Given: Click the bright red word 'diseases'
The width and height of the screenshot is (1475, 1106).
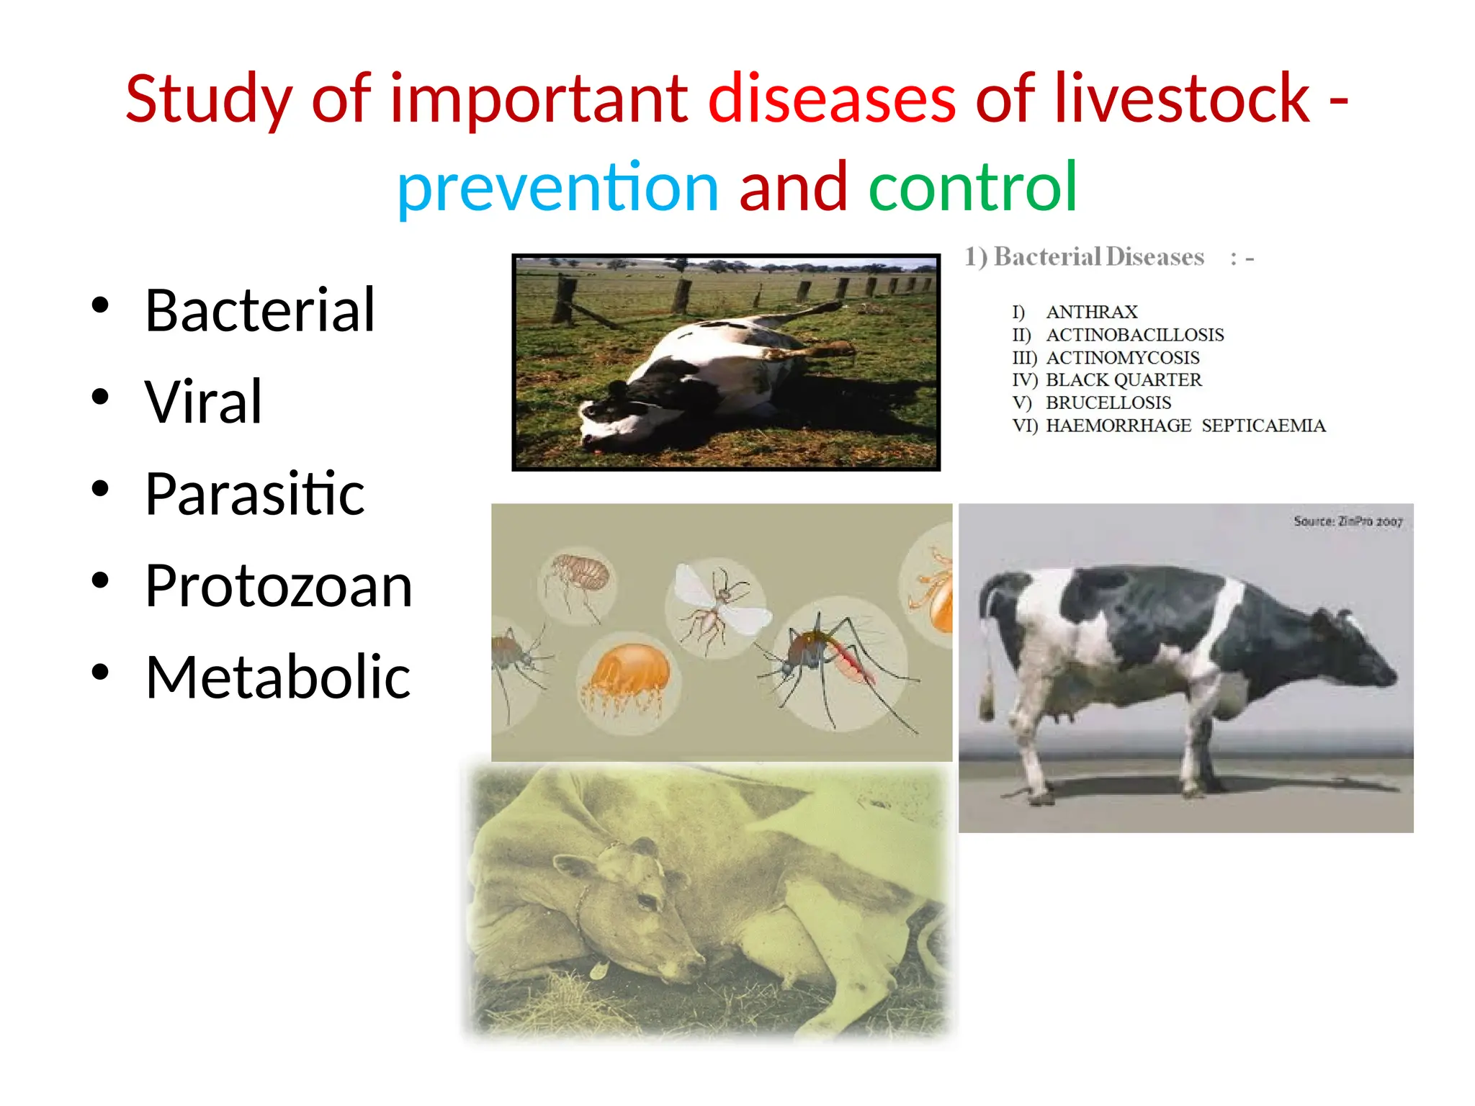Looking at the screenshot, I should coord(832,99).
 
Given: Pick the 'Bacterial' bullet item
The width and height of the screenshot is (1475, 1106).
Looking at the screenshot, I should coord(259,311).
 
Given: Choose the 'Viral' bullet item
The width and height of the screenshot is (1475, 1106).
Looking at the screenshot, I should coord(203,403).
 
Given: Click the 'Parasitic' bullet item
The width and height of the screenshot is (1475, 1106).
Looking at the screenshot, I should coord(254,495).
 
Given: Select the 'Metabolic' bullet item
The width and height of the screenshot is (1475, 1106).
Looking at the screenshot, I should coord(277,678).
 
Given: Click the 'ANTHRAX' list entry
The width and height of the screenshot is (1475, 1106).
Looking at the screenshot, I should coord(1091,312).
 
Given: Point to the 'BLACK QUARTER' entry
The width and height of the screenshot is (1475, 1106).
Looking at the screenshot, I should coord(1123,379).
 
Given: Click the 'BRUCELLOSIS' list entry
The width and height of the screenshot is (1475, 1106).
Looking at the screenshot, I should coord(1108,403).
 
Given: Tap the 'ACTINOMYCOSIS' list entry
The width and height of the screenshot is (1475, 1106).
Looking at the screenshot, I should coord(1122,357).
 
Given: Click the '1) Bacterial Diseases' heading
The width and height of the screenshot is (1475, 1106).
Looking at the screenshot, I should coord(1085,257).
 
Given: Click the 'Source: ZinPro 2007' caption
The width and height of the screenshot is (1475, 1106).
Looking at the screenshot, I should coord(1348,521).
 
